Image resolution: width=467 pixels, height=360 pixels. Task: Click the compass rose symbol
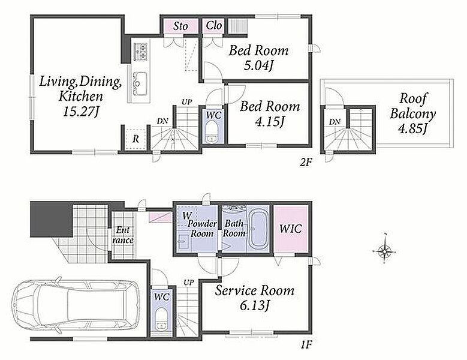pyautogui.click(x=384, y=252)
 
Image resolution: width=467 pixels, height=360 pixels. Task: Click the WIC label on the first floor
pyautogui.click(x=290, y=229)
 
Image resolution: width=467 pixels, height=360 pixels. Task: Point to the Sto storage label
pyautogui.click(x=181, y=26)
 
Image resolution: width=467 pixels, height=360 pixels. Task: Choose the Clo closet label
pyautogui.click(x=214, y=26)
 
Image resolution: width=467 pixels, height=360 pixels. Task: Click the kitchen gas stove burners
pyautogui.click(x=141, y=51)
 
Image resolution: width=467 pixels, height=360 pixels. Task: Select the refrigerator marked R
pyautogui.click(x=136, y=139)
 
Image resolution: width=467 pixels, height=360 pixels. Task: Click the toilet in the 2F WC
pyautogui.click(x=212, y=132)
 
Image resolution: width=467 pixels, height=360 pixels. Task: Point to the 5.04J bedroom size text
pyautogui.click(x=258, y=65)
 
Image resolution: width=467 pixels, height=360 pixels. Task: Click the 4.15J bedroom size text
pyautogui.click(x=270, y=122)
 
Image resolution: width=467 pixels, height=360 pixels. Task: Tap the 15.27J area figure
pyautogui.click(x=80, y=112)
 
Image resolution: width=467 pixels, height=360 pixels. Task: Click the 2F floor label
pyautogui.click(x=306, y=162)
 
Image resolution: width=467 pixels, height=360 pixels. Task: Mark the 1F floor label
pyautogui.click(x=306, y=345)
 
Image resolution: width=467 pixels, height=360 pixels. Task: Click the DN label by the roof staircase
pyautogui.click(x=335, y=122)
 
